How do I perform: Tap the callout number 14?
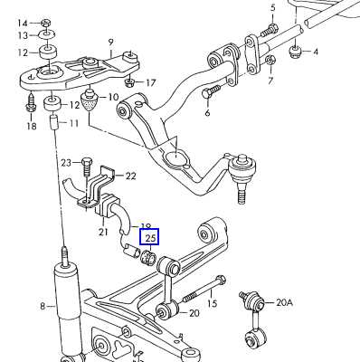point(22,23)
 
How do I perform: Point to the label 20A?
point(285,302)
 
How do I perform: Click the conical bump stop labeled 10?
point(90,100)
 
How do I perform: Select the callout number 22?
point(130,176)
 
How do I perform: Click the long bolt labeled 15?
point(203,290)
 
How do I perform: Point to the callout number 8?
point(43,307)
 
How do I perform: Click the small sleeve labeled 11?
point(53,121)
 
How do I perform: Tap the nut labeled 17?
point(129,81)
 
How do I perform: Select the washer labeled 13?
point(46,34)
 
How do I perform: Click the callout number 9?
point(110,42)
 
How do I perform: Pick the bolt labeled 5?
point(269,30)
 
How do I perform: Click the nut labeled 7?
point(271,61)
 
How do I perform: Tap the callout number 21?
point(103,232)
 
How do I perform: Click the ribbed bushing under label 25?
point(148,257)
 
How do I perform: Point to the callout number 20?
point(194,313)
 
